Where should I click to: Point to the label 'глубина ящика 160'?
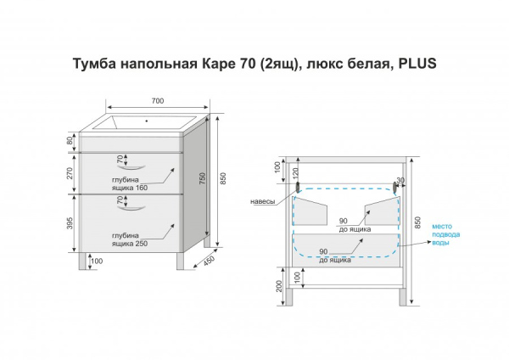(x=128, y=185)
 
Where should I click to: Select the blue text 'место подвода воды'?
(x=446, y=233)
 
